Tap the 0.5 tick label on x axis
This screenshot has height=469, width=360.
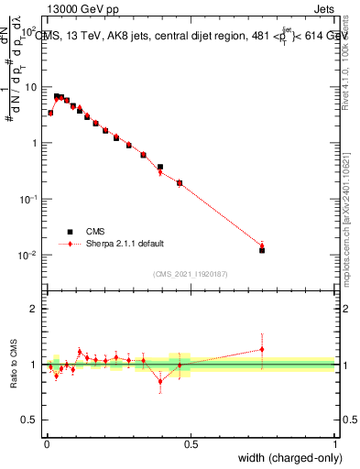191,444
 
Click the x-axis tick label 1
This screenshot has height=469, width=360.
335,444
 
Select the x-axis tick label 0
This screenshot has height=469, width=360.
47,444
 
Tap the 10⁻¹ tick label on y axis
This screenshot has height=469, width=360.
29,199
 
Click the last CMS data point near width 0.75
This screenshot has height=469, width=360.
262,250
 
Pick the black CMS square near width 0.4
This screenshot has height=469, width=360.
160,168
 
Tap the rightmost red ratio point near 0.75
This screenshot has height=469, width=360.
262,349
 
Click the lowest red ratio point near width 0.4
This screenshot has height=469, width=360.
160,381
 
